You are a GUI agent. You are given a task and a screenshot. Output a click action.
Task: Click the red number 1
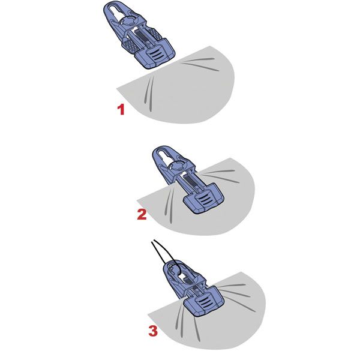click(121, 110)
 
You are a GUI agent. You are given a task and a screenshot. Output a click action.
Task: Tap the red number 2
click(142, 214)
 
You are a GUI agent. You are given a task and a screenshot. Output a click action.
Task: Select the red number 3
click(153, 331)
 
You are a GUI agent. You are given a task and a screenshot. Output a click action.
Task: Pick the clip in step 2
click(187, 179)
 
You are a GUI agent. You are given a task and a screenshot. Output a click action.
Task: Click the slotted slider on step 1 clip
click(155, 55)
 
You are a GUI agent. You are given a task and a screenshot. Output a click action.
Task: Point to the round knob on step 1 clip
click(130, 21)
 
